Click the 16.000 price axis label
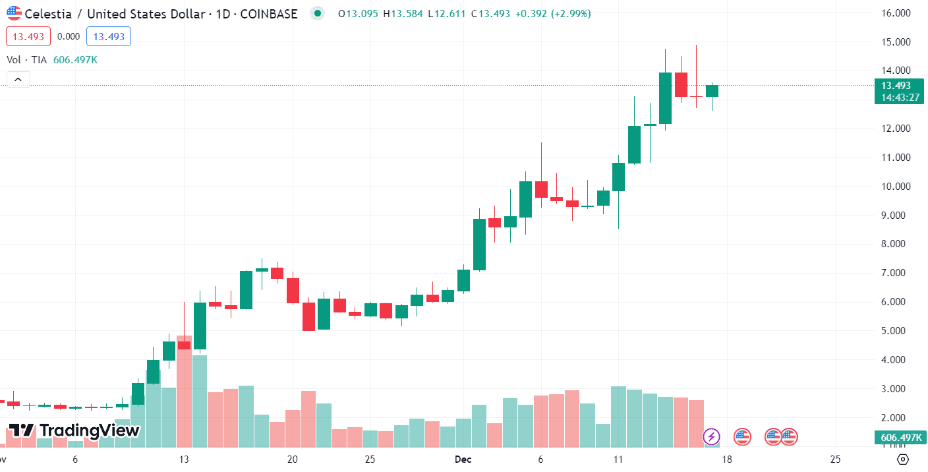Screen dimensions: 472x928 [896, 13]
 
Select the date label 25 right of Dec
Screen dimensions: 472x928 [835, 459]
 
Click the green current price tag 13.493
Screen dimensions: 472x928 [896, 86]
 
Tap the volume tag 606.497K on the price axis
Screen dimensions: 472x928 [900, 438]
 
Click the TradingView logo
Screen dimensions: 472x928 [74, 431]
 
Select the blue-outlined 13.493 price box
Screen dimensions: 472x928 [109, 37]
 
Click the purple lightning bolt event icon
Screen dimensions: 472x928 [712, 436]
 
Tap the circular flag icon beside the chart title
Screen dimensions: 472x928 [14, 13]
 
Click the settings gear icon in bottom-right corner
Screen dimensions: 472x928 [904, 459]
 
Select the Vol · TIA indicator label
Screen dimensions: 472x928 [26, 60]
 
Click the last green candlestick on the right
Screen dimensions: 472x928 [712, 91]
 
